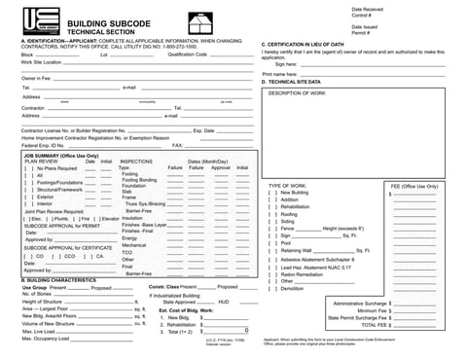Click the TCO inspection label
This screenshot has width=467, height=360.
pyautogui.click(x=126, y=252)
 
